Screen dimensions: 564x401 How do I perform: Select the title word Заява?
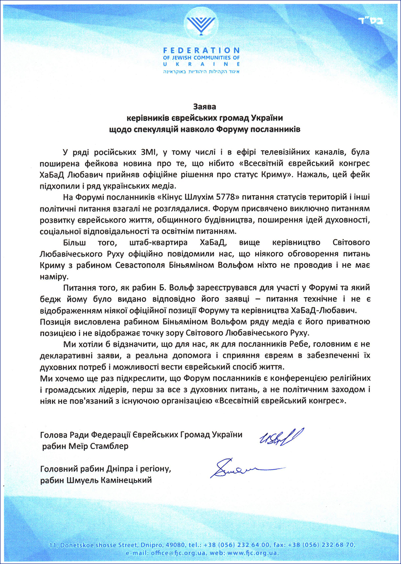click(204, 106)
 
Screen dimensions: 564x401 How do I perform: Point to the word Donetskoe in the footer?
click(78, 545)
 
